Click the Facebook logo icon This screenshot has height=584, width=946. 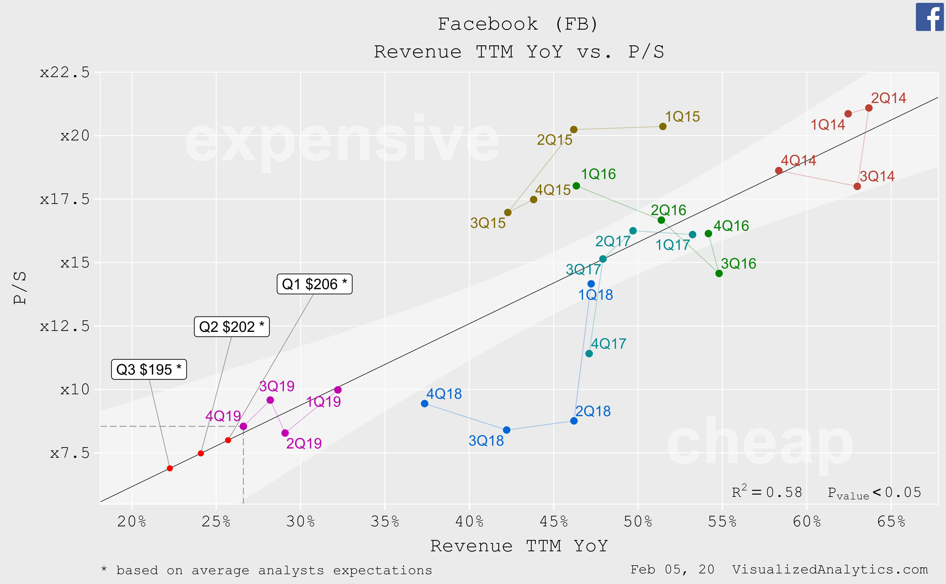(x=930, y=17)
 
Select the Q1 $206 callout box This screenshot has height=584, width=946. (x=314, y=284)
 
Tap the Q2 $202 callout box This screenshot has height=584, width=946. (x=232, y=327)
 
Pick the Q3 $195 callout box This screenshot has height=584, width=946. (x=149, y=370)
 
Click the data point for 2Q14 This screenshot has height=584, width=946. (x=869, y=108)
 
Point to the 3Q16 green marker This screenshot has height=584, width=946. (x=719, y=273)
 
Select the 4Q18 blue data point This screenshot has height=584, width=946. (x=425, y=404)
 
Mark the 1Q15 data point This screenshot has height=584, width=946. (x=663, y=126)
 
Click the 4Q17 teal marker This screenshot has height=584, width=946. (x=589, y=353)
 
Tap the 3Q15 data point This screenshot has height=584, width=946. (x=508, y=212)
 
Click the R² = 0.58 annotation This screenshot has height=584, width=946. (x=767, y=492)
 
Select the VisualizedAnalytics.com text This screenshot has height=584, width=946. (x=830, y=569)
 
